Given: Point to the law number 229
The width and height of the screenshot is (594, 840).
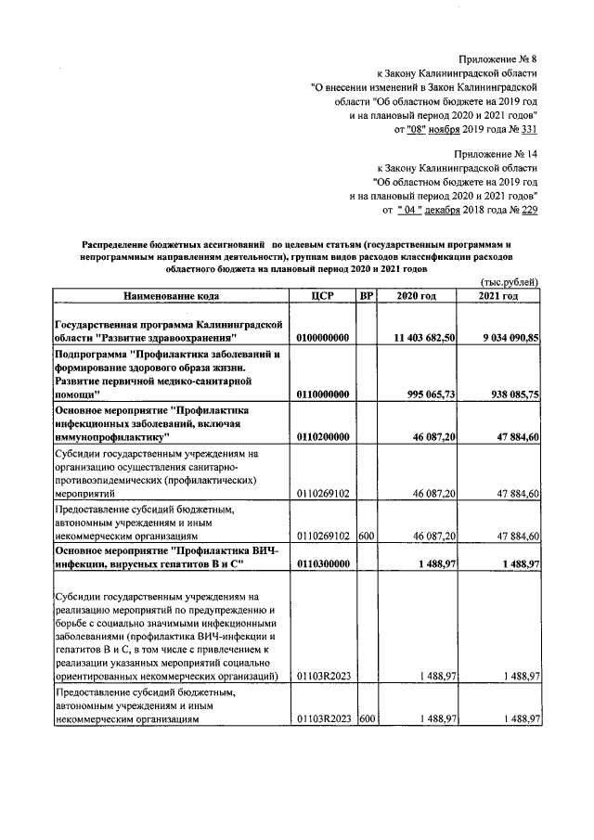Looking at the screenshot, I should [527, 211].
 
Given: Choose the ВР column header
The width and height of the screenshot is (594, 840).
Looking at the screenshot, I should [366, 295].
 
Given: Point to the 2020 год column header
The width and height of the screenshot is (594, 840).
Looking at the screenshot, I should [416, 295].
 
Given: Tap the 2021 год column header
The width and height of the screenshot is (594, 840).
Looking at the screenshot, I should [498, 295].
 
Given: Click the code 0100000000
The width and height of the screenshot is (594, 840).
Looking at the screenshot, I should [322, 338].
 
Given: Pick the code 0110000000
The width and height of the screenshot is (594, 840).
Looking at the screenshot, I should [322, 394].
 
